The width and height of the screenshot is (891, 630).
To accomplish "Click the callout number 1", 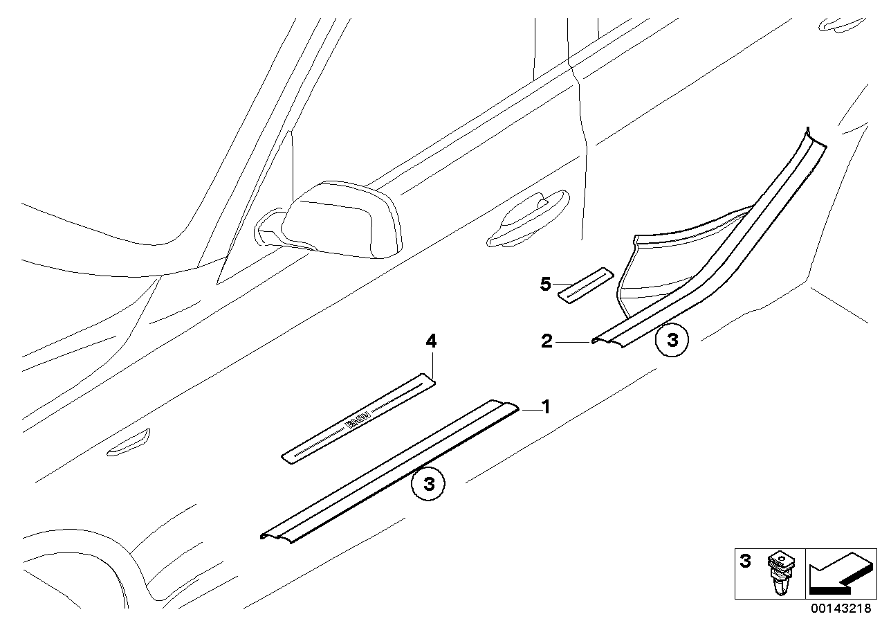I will coord(545,407).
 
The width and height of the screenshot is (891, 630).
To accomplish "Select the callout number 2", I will coord(546,341).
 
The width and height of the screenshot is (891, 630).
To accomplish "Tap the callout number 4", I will coord(431,341).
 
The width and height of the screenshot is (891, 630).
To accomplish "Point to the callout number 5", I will coord(546,283).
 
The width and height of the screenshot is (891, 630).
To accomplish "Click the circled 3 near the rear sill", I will coord(672,340).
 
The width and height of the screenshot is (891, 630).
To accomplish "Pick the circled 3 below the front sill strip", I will coord(428,484).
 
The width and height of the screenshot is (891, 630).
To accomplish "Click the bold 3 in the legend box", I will coord(745,561).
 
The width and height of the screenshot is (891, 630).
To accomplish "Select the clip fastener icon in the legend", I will coord(780,574).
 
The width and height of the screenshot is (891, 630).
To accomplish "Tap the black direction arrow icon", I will coord(839,574).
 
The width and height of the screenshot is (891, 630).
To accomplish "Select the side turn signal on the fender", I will coord(129,442).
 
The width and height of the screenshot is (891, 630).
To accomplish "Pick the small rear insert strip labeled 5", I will coord(585,283).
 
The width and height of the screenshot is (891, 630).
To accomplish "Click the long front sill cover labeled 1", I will coord(387,471).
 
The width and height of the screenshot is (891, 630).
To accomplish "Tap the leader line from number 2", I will coord(571,341).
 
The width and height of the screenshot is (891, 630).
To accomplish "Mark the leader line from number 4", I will coord(432,361).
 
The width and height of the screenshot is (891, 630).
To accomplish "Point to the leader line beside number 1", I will coord(529,410).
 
